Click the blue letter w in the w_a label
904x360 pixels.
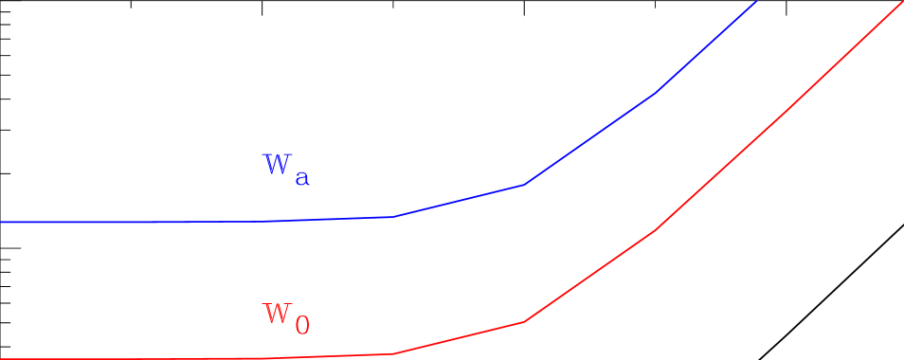point(276,164)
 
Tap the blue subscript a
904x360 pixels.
point(301,176)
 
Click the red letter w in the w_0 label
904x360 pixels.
point(276,312)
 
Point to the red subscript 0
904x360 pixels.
point(301,326)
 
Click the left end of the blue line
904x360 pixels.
point(2,222)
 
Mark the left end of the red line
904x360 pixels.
point(2,358)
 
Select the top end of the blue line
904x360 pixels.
point(756,2)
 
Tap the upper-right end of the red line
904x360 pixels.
point(902,2)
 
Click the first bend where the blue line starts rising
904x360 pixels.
point(391,217)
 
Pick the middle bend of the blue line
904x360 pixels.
point(523,185)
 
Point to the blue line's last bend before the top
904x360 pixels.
point(654,94)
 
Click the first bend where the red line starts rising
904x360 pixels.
point(392,353)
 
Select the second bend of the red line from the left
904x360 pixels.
point(523,322)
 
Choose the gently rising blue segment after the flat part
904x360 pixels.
point(457,201)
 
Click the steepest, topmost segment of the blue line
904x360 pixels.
point(706,47)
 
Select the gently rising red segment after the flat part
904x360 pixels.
point(458,338)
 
